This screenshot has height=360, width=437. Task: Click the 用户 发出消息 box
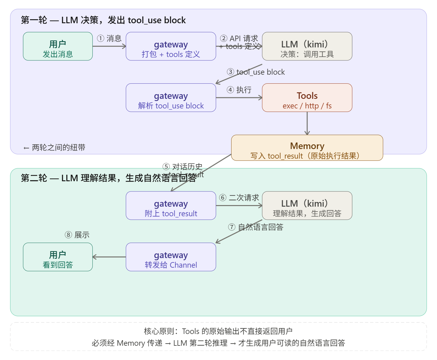click(58, 46)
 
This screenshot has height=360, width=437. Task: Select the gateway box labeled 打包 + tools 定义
click(171, 46)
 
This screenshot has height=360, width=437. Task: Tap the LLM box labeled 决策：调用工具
click(307, 46)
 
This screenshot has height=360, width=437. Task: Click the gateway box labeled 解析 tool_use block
click(171, 98)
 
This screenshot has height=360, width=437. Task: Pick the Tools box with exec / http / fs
click(307, 98)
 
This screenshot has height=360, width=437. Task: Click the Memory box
click(307, 148)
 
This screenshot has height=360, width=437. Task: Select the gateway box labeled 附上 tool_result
click(171, 205)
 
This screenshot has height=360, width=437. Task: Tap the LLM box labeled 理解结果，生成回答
click(307, 205)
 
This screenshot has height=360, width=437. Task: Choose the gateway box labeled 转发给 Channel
click(171, 257)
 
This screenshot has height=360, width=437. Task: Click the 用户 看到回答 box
click(58, 257)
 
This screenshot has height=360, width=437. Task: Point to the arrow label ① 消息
click(109, 38)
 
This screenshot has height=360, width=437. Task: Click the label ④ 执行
click(239, 90)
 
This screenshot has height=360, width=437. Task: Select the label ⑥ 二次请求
click(239, 198)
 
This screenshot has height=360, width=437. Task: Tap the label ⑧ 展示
click(77, 235)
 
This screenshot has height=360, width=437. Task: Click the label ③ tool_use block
click(256, 72)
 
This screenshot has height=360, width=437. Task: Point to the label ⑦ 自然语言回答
click(256, 227)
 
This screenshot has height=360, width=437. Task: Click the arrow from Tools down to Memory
click(307, 123)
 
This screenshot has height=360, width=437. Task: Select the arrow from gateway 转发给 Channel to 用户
click(109, 257)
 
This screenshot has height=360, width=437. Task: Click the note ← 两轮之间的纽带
click(54, 147)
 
